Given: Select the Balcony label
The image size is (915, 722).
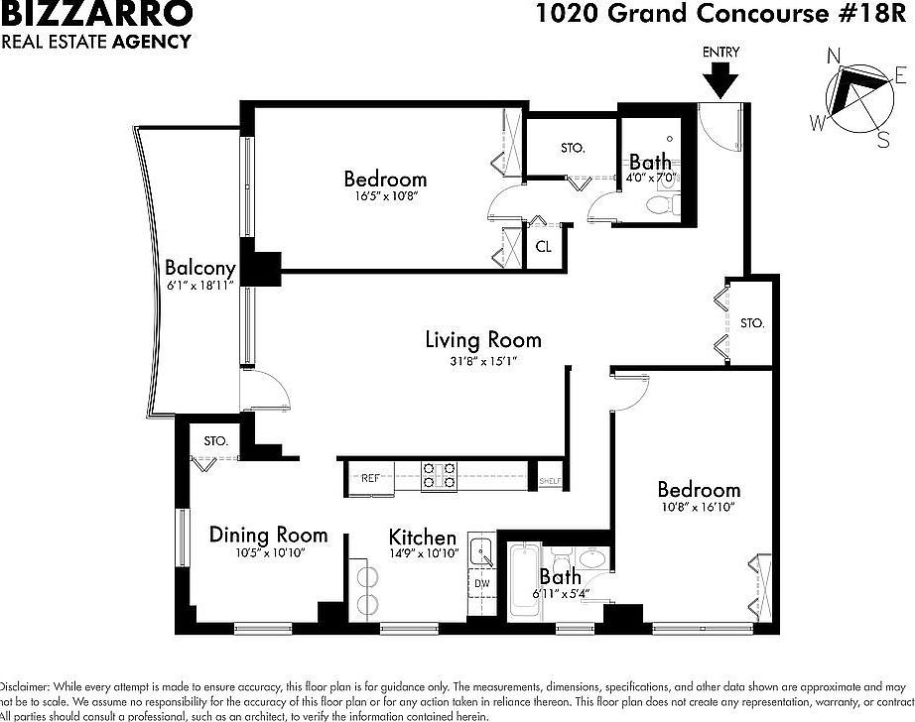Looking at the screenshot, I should click(x=200, y=268).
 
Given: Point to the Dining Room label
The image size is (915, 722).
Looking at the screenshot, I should click(x=268, y=536).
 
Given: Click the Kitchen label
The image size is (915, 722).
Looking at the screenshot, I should click(x=423, y=537).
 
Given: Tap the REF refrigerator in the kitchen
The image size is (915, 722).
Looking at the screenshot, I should click(x=371, y=478).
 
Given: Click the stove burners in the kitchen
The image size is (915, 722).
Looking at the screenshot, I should click(x=439, y=477).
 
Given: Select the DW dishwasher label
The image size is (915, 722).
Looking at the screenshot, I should click(x=481, y=584).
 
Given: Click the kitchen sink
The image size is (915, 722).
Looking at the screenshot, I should click(x=482, y=551).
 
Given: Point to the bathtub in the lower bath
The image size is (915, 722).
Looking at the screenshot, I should click(x=523, y=581).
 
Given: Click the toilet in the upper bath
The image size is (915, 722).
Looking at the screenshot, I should click(x=659, y=204).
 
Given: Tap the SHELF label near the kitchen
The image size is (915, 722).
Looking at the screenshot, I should click(x=550, y=482).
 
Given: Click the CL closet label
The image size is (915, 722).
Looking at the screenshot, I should click(x=544, y=247).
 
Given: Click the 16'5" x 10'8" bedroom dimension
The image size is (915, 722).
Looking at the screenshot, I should click(x=385, y=197).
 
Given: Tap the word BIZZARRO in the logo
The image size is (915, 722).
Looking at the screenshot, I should click(x=96, y=14).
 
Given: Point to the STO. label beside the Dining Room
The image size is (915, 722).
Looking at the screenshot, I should click(x=216, y=440).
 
